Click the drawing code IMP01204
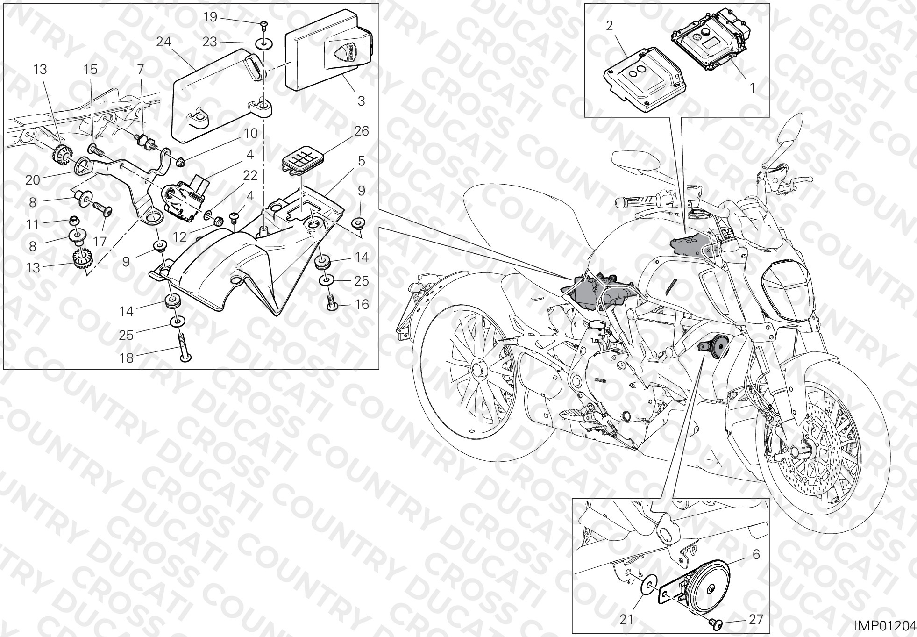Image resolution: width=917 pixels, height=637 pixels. pyautogui.click(x=885, y=625)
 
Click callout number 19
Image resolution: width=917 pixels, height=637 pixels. pyautogui.click(x=210, y=17)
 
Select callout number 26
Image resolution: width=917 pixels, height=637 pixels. pyautogui.click(x=362, y=131)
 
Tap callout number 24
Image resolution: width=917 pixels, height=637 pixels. pyautogui.click(x=163, y=42)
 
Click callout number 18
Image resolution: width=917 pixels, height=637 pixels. pyautogui.click(x=127, y=358)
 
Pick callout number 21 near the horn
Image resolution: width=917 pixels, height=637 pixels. pyautogui.click(x=626, y=619)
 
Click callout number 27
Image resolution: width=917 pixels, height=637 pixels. pyautogui.click(x=755, y=619)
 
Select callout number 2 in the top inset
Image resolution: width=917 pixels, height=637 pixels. pyautogui.click(x=609, y=26)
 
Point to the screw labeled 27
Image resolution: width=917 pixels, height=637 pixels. pyautogui.click(x=715, y=622)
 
